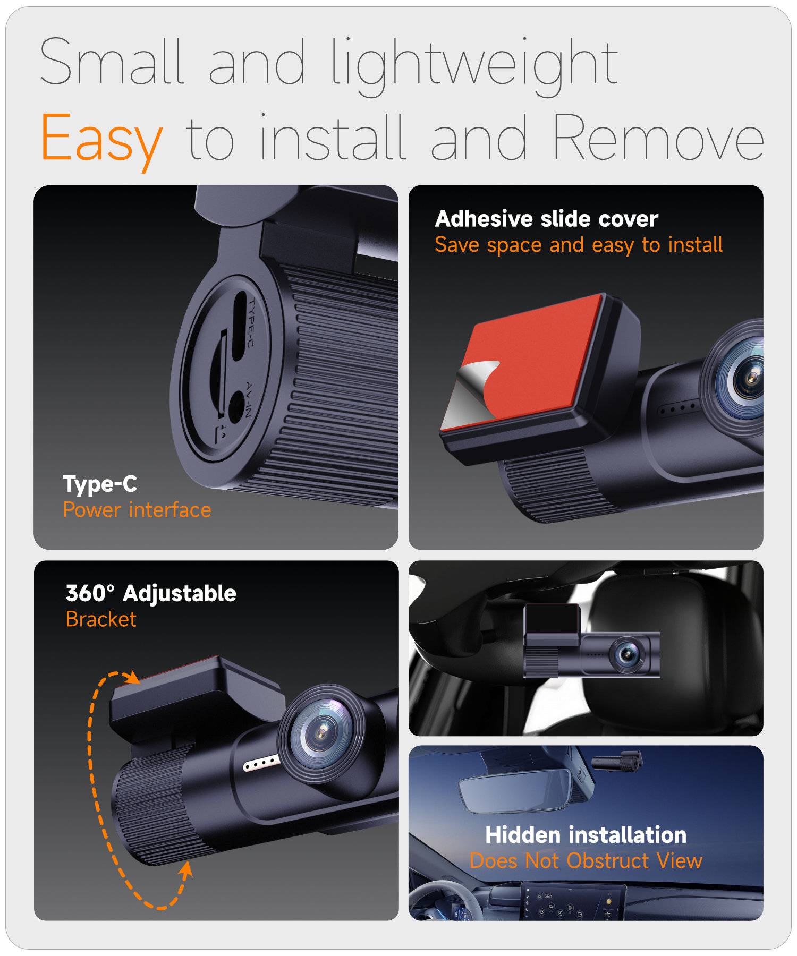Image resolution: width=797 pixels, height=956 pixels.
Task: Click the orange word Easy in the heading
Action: [101, 139]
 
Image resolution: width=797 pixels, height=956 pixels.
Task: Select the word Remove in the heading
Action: [658, 136]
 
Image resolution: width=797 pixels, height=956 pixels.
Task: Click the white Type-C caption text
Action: [100, 483]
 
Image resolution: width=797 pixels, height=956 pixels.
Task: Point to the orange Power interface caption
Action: [137, 510]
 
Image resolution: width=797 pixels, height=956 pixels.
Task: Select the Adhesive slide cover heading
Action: [547, 219]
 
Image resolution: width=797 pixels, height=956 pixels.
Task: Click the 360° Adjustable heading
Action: [151, 593]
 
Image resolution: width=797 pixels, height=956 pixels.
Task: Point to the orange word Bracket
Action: [101, 619]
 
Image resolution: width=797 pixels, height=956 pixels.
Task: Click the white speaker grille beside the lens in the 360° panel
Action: [261, 763]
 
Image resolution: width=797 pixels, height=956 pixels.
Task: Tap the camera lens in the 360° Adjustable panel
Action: [321, 733]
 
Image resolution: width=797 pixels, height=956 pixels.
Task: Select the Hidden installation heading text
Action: [586, 835]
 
